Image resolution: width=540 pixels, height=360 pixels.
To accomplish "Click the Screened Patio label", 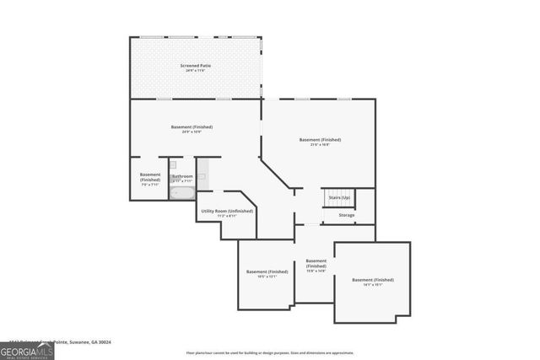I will click(195, 65).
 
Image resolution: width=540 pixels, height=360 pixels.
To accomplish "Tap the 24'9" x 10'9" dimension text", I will click(192, 132).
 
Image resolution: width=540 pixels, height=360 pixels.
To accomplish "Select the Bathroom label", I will click(183, 176).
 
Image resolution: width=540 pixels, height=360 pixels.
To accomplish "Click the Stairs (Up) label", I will click(339, 197).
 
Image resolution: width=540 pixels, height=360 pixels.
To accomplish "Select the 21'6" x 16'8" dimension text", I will click(320, 145).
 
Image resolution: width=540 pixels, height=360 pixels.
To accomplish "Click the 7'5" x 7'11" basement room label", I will click(149, 184).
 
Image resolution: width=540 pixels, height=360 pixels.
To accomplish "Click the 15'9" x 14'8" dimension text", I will click(316, 271).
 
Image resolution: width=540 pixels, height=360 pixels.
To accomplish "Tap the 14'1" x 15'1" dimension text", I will click(372, 285).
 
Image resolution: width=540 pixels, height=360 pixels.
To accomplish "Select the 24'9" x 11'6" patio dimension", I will click(195, 71).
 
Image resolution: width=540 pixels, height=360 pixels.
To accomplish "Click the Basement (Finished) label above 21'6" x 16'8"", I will click(320, 139).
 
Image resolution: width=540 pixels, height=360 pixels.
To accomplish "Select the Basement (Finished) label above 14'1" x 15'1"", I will click(372, 279).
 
